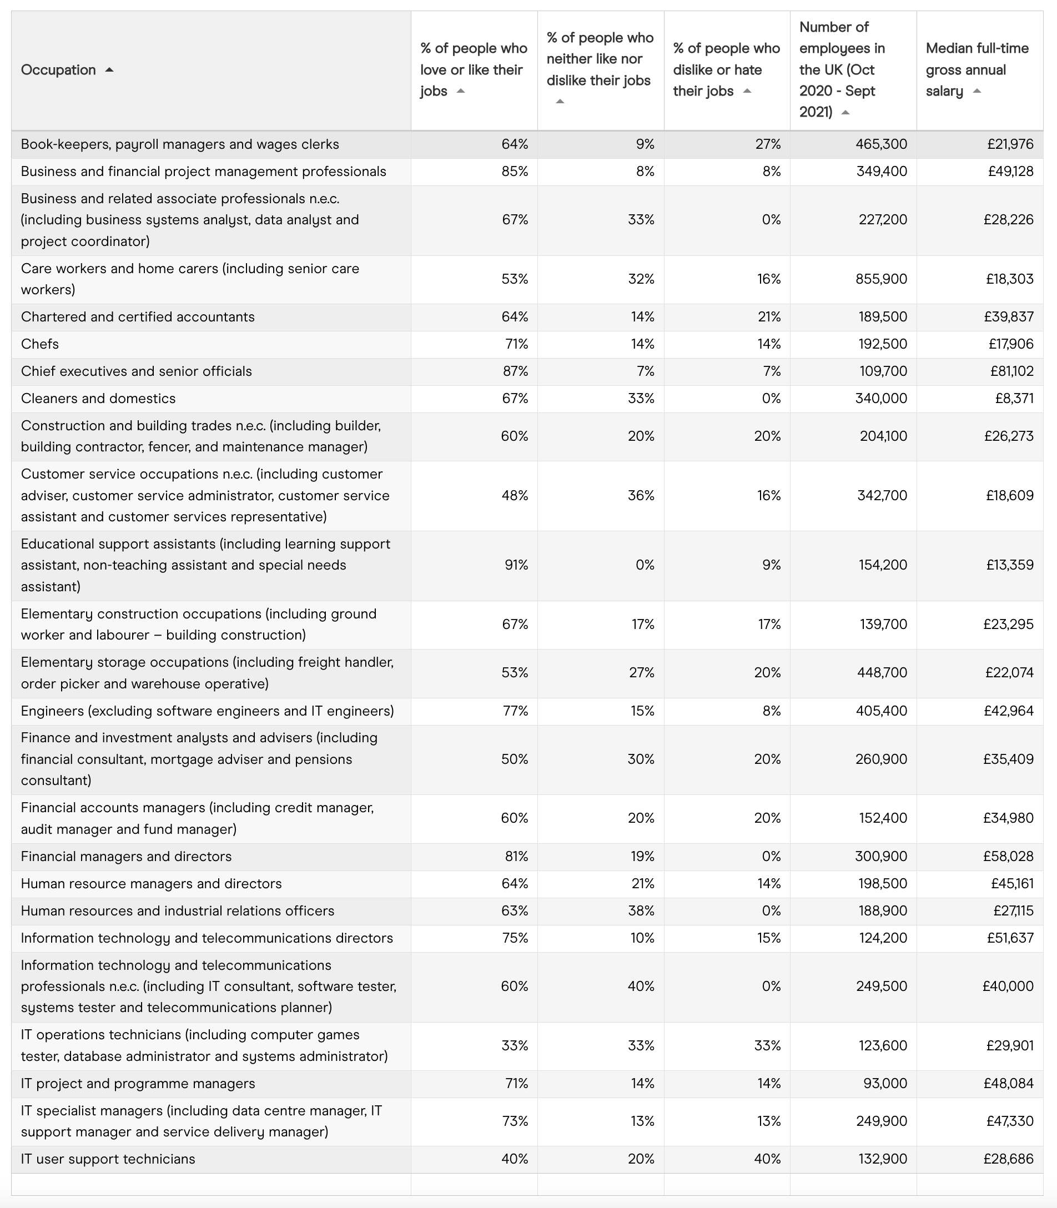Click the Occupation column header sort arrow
[109, 69]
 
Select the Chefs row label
[39, 344]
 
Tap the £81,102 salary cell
[1011, 371]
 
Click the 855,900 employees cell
[881, 279]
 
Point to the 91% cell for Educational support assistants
[516, 565]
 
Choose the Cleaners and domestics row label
[98, 398]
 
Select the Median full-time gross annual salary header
[977, 69]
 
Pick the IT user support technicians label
[108, 1159]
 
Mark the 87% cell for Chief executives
[515, 371]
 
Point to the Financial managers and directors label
[126, 857]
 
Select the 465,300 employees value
[881, 144]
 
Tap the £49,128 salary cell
[1010, 171]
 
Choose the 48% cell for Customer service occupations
[515, 495]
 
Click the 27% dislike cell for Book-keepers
[768, 144]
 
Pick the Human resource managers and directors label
[151, 884]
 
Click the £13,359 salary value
[1010, 565]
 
